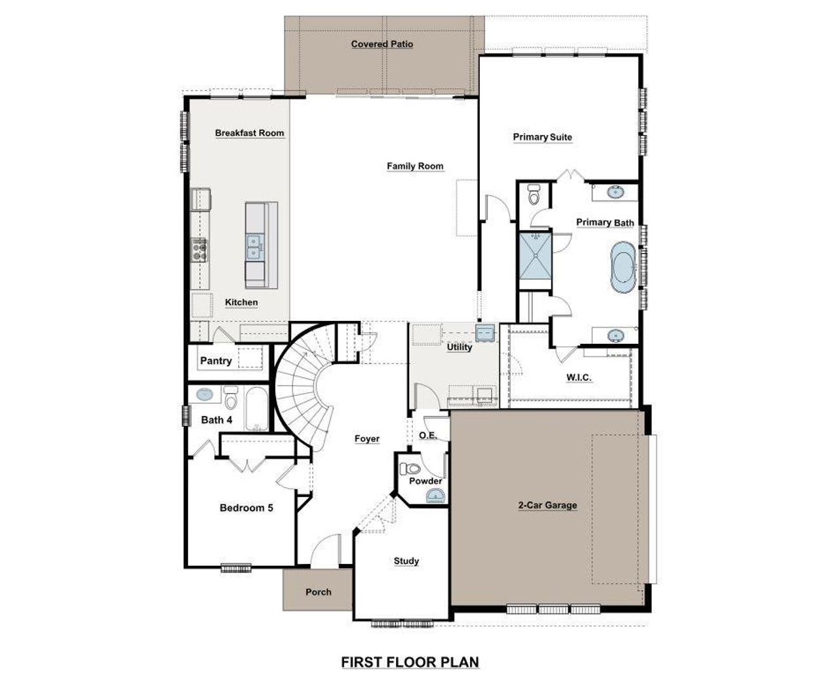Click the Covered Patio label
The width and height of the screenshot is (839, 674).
click(382, 44)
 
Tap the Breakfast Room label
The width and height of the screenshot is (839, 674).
click(250, 133)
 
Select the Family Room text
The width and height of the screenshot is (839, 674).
click(415, 166)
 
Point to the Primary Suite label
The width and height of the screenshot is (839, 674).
click(542, 137)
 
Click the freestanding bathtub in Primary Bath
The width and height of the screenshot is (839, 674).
click(622, 268)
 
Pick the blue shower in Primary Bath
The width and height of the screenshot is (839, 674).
click(535, 256)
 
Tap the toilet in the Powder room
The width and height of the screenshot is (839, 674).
click(412, 469)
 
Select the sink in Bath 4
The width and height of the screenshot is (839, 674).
click(205, 394)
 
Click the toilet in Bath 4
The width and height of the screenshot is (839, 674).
click(230, 398)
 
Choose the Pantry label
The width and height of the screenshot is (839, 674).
click(216, 361)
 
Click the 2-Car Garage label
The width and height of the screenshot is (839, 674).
click(547, 505)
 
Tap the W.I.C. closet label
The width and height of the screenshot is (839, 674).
click(579, 377)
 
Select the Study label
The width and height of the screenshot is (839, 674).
click(406, 561)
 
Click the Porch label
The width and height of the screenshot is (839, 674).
click(319, 592)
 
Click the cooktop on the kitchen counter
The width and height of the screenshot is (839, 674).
click(200, 249)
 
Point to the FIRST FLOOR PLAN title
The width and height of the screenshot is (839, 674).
click(410, 662)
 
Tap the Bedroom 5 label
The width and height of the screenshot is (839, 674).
click(246, 508)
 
